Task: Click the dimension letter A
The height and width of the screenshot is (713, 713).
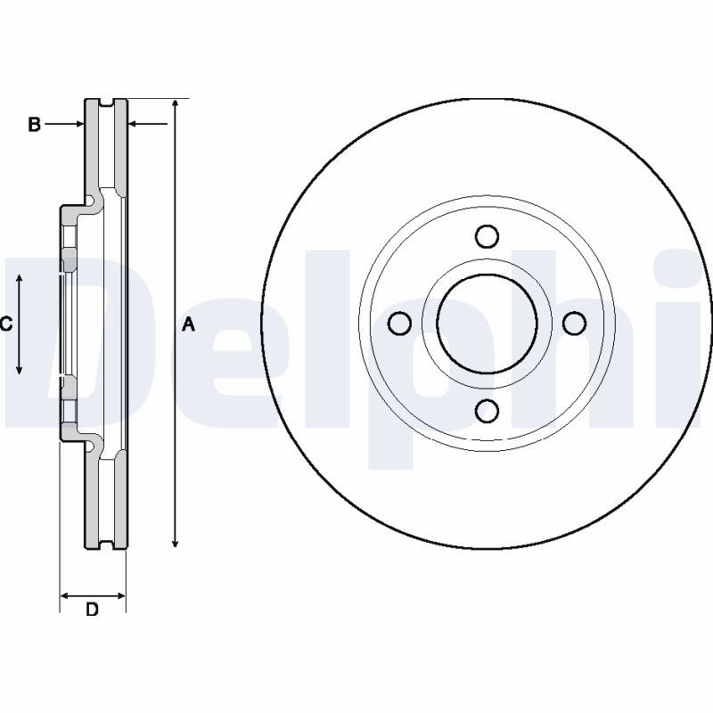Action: (x=188, y=324)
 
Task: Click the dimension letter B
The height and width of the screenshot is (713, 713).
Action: (x=34, y=124)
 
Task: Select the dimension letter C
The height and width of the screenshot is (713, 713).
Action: (x=6, y=324)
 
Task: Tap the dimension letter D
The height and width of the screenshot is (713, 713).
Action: (x=93, y=610)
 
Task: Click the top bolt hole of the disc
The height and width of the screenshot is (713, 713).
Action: (x=487, y=236)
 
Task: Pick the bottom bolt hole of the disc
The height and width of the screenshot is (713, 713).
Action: (x=487, y=411)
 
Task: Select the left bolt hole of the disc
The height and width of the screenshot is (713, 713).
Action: (x=399, y=324)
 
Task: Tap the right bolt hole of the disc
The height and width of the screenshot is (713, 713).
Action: (x=574, y=324)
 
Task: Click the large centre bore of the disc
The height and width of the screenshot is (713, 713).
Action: (x=487, y=324)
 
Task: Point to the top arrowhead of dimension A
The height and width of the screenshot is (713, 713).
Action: (x=176, y=103)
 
